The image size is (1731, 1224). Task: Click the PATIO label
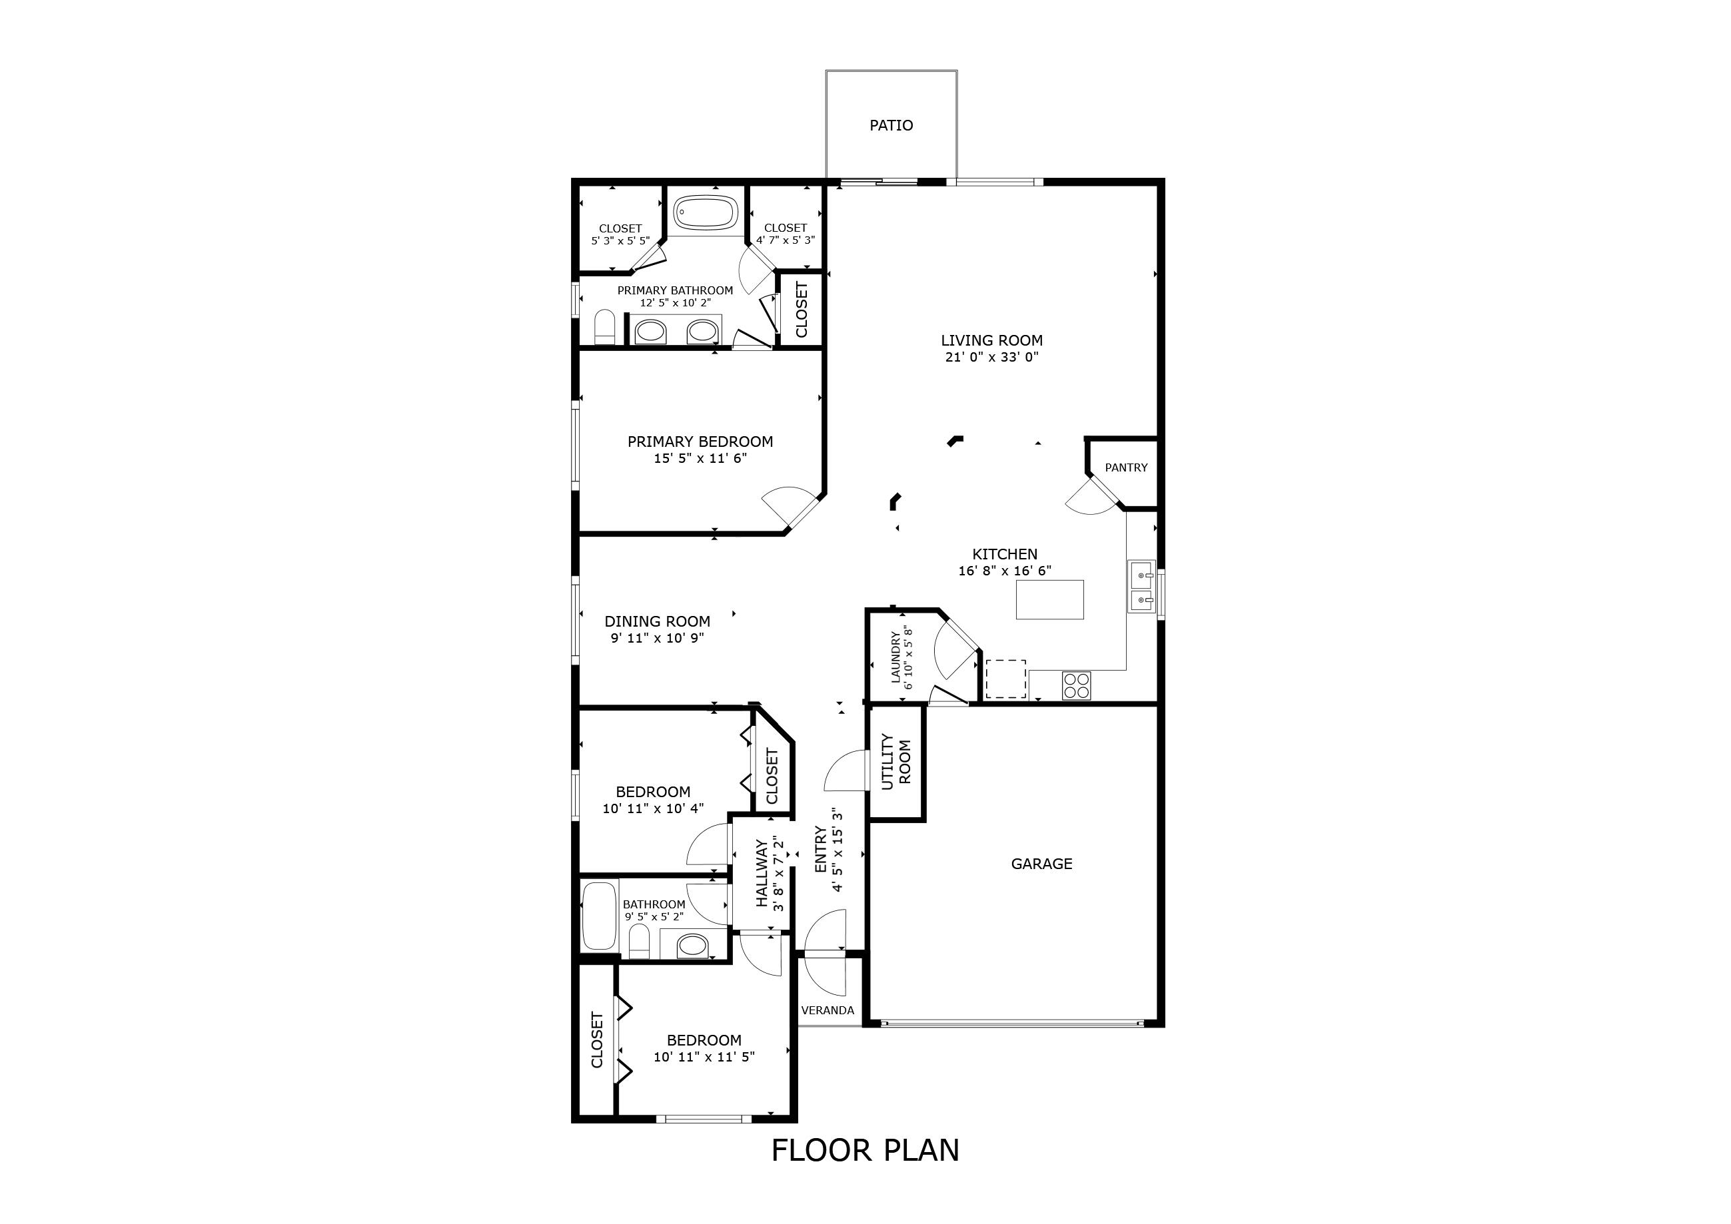[891, 125]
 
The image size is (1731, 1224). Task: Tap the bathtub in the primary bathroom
[705, 213]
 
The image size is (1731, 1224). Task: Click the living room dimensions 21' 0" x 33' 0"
[991, 357]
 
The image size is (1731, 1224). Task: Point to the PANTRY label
[1125, 467]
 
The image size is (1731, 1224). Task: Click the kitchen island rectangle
[1049, 599]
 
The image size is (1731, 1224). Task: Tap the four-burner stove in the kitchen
[1076, 685]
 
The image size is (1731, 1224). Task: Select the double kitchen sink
[1141, 587]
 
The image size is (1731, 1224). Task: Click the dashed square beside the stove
[1005, 679]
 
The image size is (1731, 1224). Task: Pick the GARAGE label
[1041, 864]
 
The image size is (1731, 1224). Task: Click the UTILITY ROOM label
[895, 762]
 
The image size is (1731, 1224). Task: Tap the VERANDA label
[827, 1011]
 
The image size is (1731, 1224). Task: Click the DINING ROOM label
[657, 621]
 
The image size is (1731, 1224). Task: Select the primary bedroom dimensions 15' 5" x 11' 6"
[700, 458]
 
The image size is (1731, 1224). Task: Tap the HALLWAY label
[762, 874]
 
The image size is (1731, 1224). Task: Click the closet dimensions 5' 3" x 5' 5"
[620, 240]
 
